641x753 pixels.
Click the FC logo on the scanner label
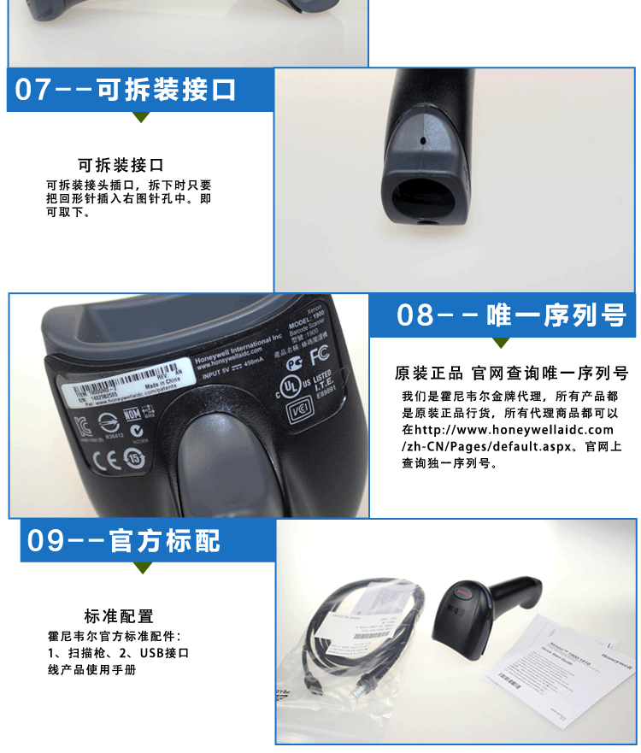pyautogui.click(x=319, y=353)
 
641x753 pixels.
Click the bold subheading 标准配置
pyautogui.click(x=119, y=616)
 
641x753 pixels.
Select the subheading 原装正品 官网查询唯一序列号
pyautogui.click(x=511, y=374)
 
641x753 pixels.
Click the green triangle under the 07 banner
pyautogui.click(x=141, y=118)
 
